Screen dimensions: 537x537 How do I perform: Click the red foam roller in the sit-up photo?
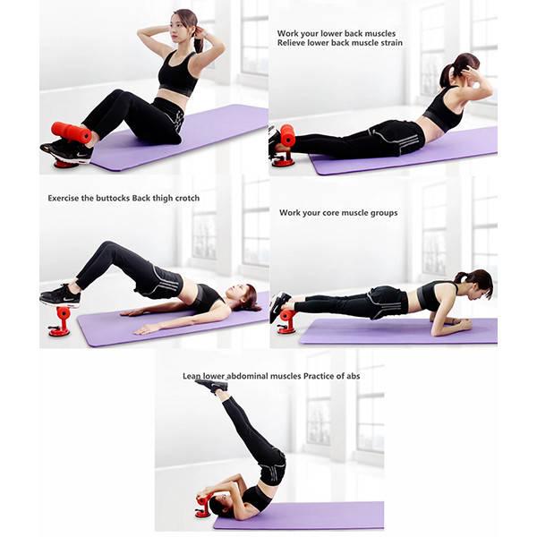coord(72,132)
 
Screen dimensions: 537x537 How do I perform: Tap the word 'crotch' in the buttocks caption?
coord(187,199)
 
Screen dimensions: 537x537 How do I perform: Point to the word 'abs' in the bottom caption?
coord(354,377)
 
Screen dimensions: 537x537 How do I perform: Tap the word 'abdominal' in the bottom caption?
coord(246,377)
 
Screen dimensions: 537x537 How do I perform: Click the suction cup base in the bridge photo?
coord(59,331)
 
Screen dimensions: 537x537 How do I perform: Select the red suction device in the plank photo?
coord(286,321)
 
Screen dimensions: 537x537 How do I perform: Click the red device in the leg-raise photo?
coord(203,503)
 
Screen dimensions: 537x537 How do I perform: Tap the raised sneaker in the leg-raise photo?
coord(212,386)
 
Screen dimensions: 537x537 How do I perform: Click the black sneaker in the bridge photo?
coord(61,296)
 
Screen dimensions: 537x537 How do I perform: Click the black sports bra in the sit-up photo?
coord(178,73)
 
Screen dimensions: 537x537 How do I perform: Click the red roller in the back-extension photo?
coord(287,135)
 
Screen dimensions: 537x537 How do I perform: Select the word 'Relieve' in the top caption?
coord(291,43)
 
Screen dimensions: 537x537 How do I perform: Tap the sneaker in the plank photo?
coord(279,305)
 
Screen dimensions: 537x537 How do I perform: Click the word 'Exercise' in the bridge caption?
coord(64,199)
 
